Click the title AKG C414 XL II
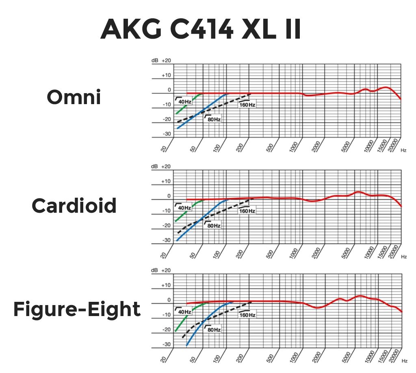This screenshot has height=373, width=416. (x=201, y=29)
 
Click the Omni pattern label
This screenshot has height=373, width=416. (x=74, y=97)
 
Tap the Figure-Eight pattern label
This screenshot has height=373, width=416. (x=77, y=309)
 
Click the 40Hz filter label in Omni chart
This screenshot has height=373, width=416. (x=184, y=101)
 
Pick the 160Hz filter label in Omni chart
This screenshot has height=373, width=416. (x=247, y=105)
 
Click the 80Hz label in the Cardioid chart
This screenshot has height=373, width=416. (x=213, y=225)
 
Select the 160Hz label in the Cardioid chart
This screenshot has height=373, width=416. (x=247, y=211)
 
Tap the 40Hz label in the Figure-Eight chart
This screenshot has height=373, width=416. (x=184, y=312)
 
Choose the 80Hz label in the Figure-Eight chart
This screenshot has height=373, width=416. (x=213, y=329)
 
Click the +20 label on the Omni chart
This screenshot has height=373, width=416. (x=166, y=60)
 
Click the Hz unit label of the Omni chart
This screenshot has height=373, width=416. (x=403, y=150)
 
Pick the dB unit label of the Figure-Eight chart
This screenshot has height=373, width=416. (x=154, y=270)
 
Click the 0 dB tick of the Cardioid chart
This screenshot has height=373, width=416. (x=169, y=196)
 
